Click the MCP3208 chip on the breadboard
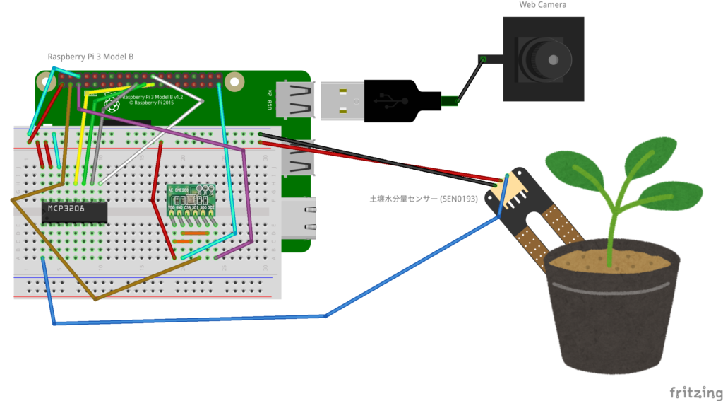74,210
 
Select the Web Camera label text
542,5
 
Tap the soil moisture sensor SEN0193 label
423,199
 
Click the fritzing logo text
695,392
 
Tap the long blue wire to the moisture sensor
212,320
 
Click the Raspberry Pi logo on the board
110,105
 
